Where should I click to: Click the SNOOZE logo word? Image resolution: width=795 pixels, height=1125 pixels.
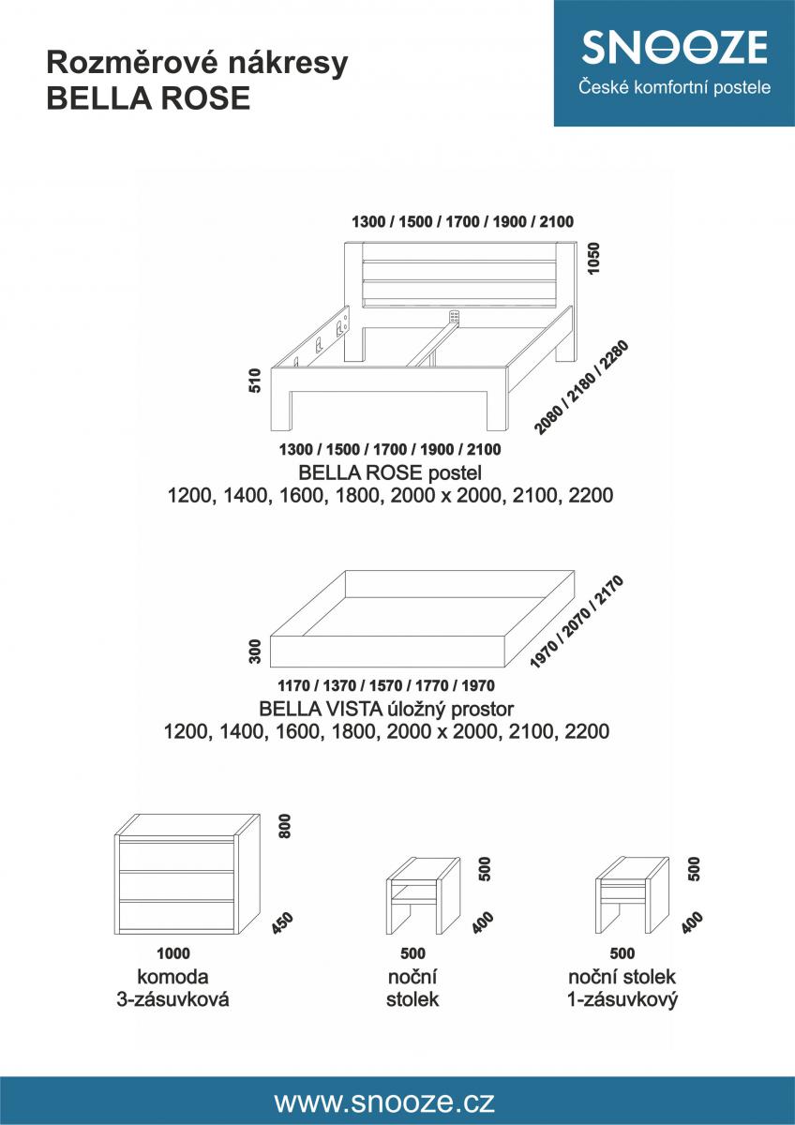(674, 47)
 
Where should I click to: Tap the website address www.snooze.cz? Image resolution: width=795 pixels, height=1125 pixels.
(384, 1102)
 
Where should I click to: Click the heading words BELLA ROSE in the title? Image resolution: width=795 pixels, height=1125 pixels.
(148, 97)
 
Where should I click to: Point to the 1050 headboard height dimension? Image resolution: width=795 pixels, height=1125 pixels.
(594, 258)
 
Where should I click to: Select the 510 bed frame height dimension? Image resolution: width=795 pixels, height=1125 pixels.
(256, 381)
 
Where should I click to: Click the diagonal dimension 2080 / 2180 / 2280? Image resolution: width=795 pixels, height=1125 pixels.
(581, 387)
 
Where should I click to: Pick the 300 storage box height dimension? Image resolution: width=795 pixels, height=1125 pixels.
(256, 651)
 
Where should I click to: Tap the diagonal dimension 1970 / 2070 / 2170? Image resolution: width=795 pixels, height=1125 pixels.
(577, 622)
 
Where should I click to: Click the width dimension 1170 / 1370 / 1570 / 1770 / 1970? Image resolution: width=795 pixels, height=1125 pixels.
(386, 685)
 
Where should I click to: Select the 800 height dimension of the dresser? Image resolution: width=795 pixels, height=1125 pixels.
(285, 826)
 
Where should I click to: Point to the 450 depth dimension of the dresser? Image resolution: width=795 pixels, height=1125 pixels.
(282, 923)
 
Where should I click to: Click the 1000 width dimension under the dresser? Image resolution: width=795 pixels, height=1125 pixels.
(173, 952)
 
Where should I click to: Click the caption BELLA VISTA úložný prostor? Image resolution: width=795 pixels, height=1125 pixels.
(386, 709)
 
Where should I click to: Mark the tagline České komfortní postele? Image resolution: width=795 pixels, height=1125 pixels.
(674, 87)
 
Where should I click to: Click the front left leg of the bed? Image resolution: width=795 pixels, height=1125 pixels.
(281, 411)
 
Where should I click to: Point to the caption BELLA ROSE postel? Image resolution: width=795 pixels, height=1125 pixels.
(390, 472)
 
